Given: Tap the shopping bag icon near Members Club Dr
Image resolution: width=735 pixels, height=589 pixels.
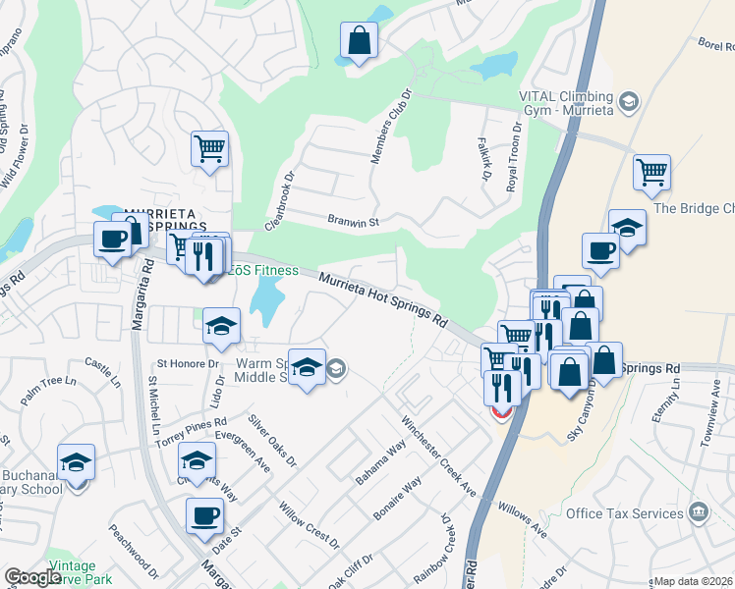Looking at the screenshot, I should pos(360,41).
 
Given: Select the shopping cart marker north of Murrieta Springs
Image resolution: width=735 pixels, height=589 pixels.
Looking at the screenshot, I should pos(209,150).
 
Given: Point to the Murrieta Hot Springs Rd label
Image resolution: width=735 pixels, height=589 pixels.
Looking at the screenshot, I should pos(383,300).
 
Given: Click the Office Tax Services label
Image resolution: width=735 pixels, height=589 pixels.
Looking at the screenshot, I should pos(625,513).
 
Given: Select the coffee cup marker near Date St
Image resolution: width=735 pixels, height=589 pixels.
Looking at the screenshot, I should pos(205,515).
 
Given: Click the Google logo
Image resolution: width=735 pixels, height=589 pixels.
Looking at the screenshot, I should pos(32,577).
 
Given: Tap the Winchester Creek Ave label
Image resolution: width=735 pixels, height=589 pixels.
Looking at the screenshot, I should pos(438,455).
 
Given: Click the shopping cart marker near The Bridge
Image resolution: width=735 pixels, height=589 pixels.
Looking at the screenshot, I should pos(651,174).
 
